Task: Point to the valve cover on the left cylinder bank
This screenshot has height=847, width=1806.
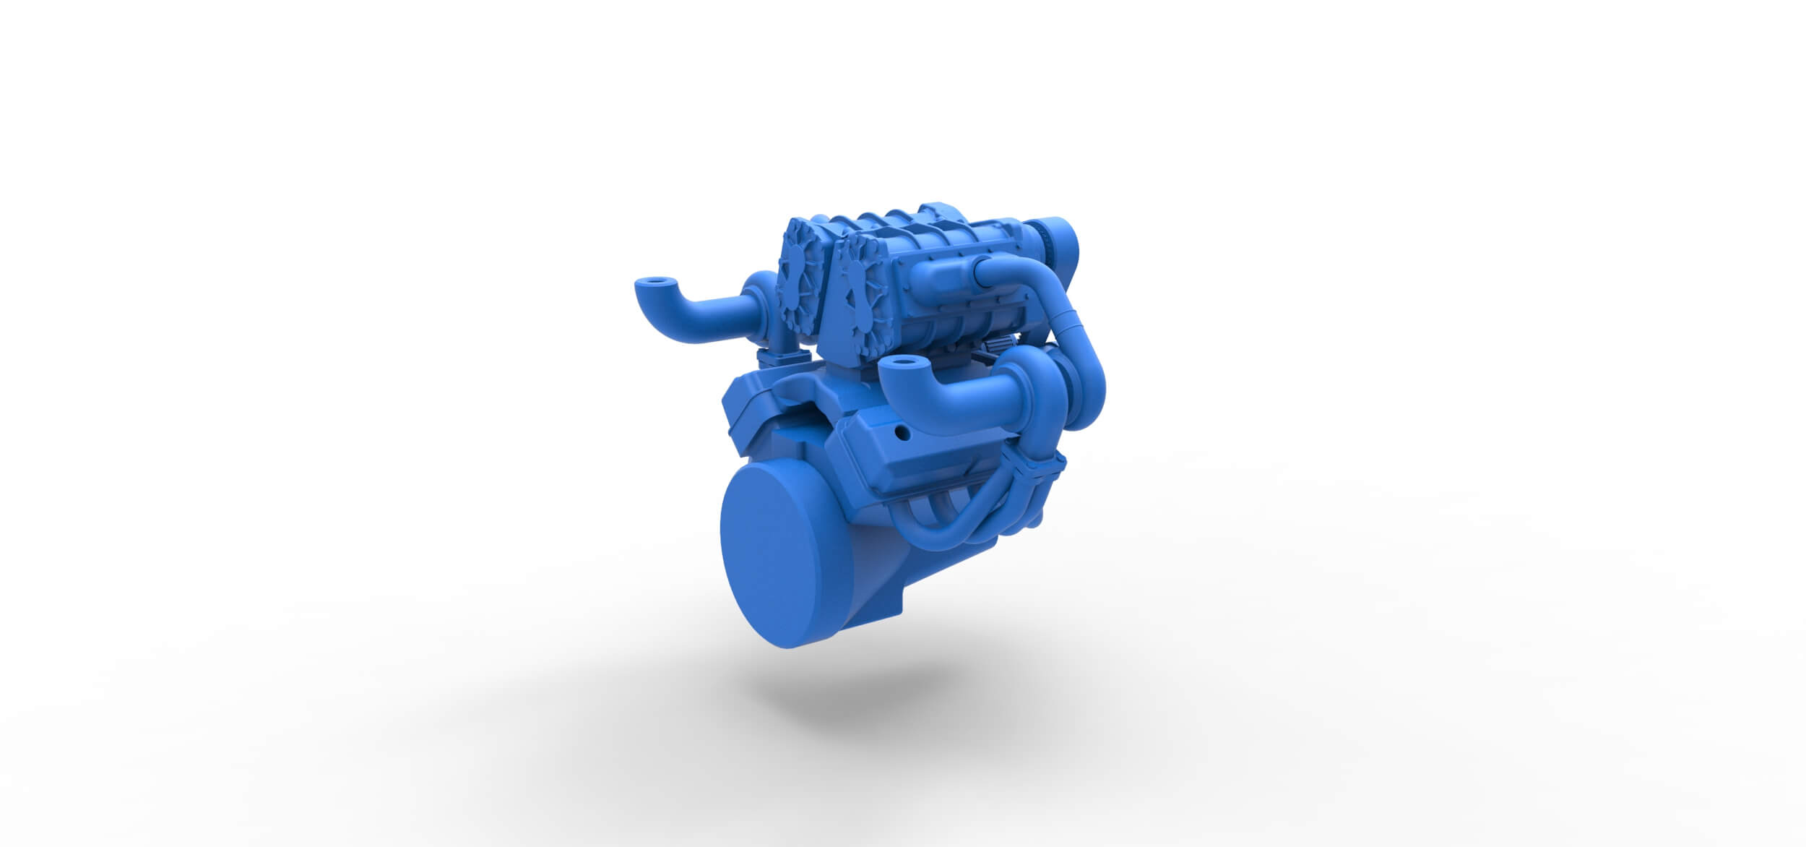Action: [x=759, y=405]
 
